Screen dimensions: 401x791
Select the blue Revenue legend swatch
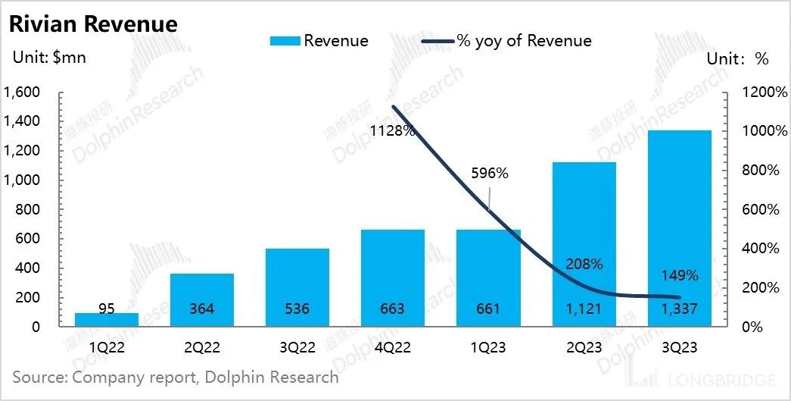285,41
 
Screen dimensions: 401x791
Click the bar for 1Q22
96,319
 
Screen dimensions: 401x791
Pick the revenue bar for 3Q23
679,227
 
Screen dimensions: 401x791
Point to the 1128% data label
393,131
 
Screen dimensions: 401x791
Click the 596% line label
490,174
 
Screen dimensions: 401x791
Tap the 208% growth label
584,265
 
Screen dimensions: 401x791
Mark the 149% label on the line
679,276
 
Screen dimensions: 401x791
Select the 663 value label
392,309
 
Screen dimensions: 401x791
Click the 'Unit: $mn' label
49,58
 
